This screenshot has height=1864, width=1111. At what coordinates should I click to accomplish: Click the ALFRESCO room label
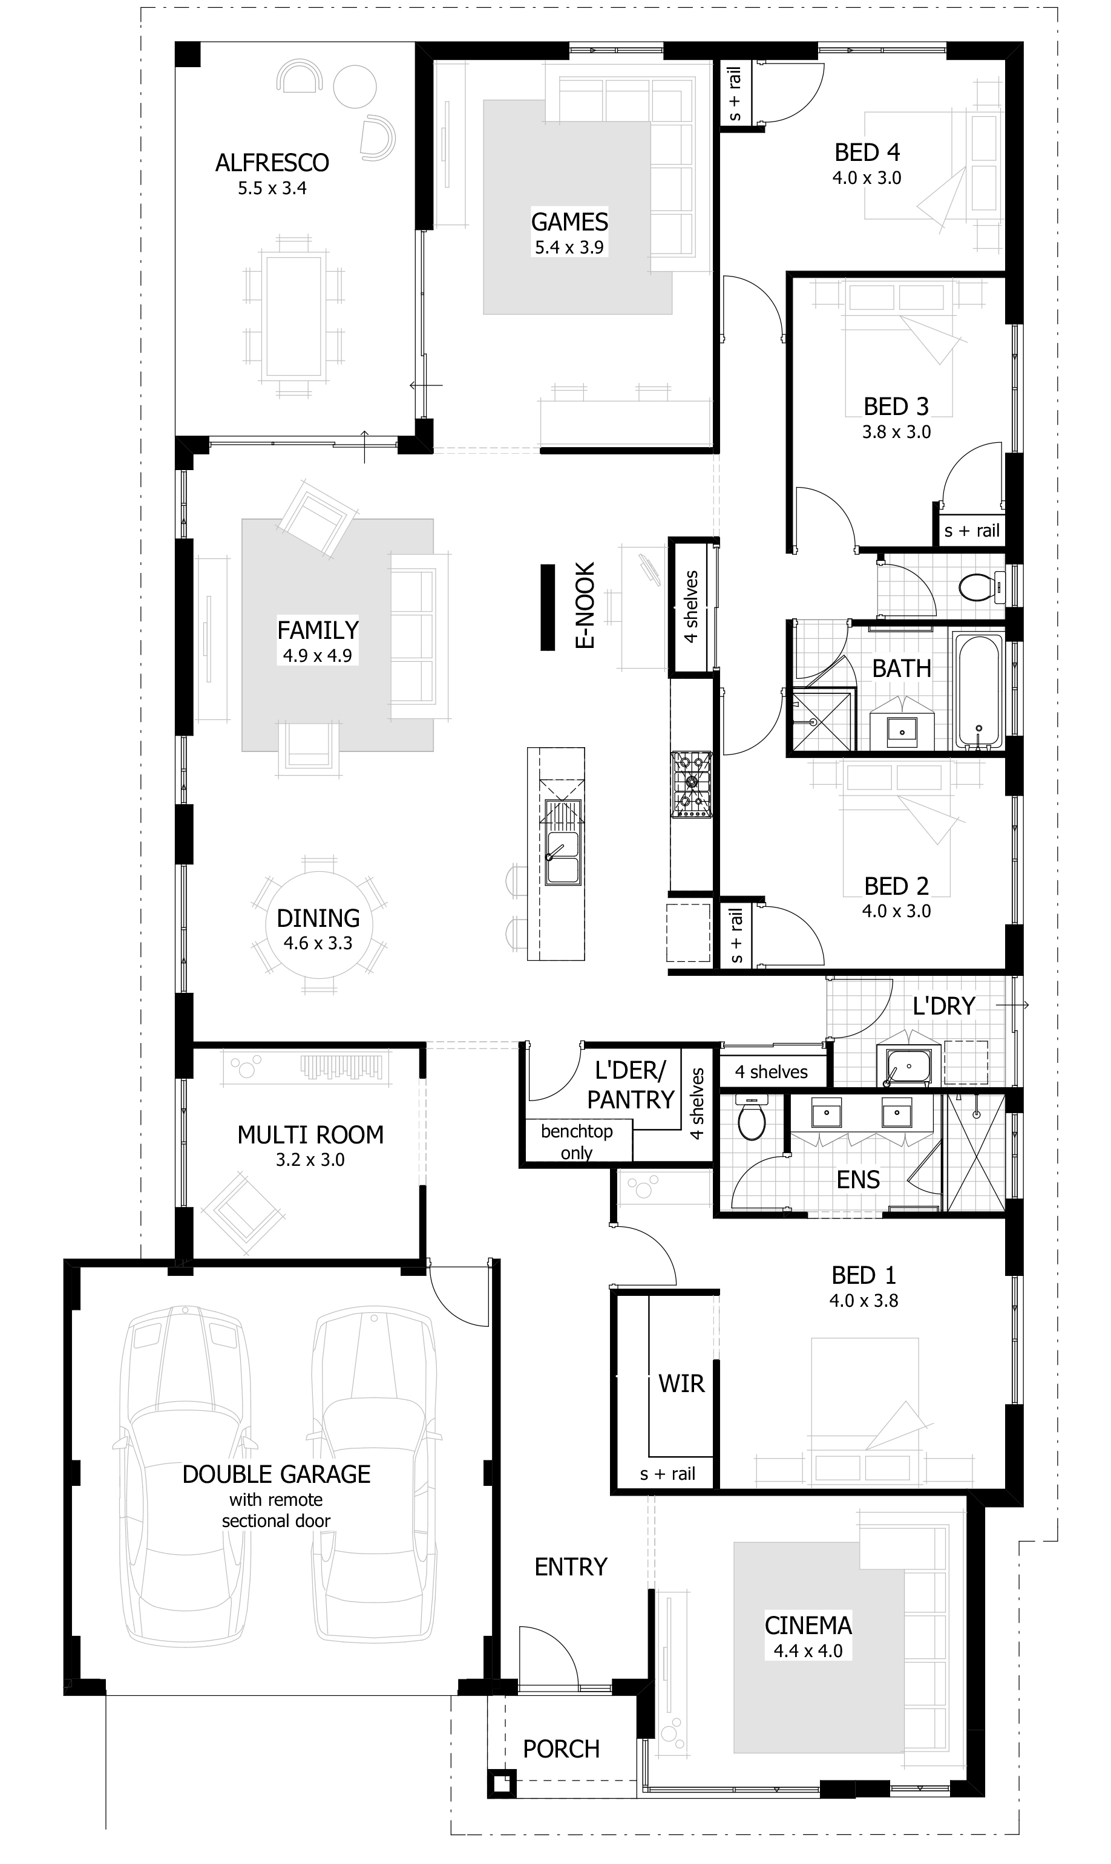pyautogui.click(x=272, y=162)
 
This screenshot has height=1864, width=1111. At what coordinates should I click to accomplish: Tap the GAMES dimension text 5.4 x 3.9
pyautogui.click(x=569, y=247)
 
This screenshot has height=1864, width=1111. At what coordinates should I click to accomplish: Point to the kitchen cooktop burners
pyautogui.click(x=692, y=783)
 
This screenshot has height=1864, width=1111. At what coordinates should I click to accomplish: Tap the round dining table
pyautogui.click(x=319, y=925)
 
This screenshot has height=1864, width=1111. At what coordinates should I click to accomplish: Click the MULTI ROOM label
pyautogui.click(x=310, y=1135)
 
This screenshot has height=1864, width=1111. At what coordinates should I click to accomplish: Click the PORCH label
pyautogui.click(x=562, y=1749)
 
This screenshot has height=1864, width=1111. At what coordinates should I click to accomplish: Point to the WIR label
pyautogui.click(x=681, y=1384)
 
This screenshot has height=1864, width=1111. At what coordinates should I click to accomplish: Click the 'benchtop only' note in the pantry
pyautogui.click(x=577, y=1141)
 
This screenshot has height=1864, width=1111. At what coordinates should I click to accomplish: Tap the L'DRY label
pyautogui.click(x=943, y=1007)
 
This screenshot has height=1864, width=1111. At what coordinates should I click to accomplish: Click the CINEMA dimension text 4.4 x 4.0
pyautogui.click(x=808, y=1650)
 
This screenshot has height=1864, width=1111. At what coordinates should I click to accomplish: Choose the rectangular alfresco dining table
pyautogui.click(x=293, y=316)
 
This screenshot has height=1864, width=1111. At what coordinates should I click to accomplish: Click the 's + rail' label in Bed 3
pyautogui.click(x=972, y=531)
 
